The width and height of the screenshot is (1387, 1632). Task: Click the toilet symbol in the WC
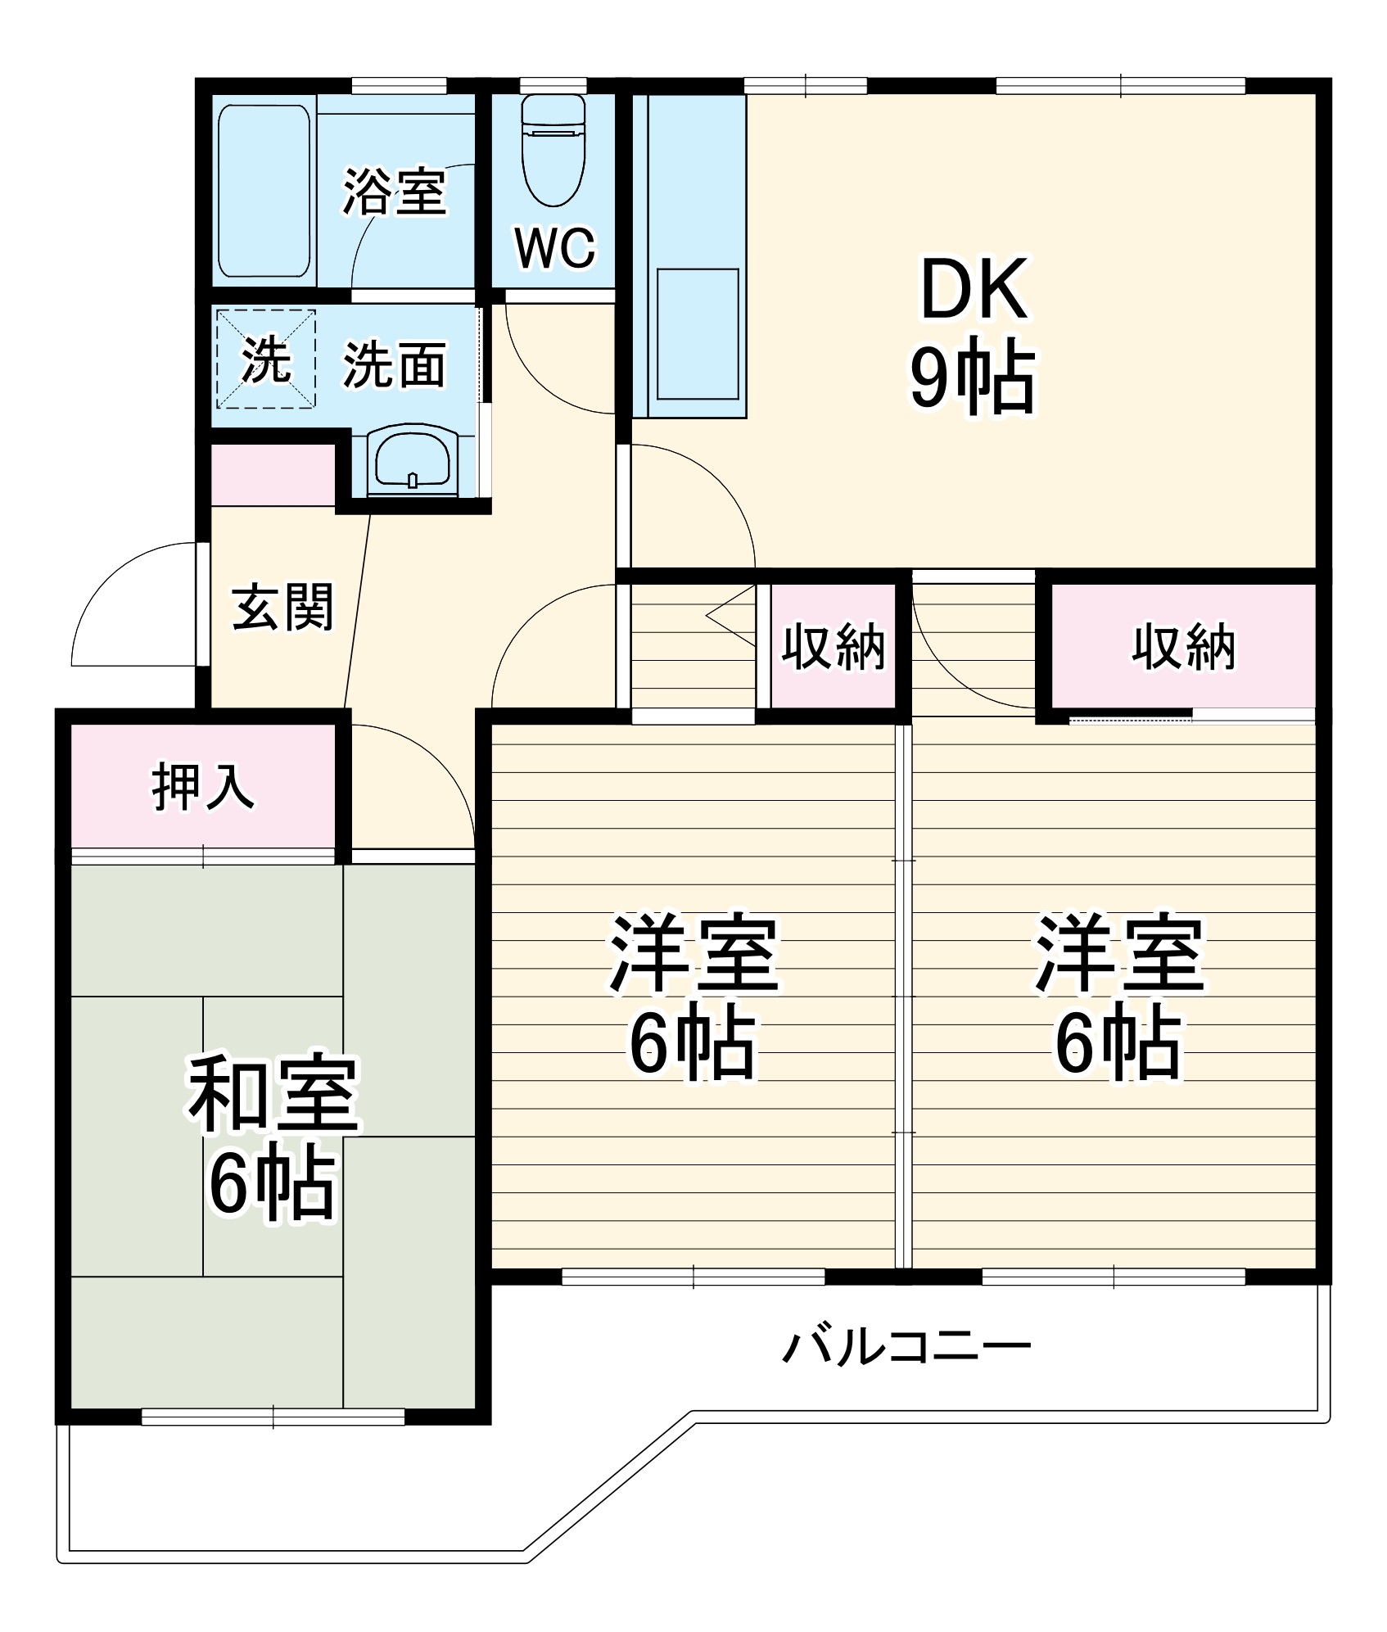coord(553,152)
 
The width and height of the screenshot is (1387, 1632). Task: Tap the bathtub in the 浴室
coord(264,191)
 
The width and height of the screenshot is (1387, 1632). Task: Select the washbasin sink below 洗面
coord(412,463)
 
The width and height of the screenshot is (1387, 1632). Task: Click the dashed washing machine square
coord(265,359)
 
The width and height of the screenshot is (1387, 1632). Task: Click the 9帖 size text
coord(972,378)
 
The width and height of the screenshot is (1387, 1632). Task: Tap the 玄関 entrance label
coord(282,608)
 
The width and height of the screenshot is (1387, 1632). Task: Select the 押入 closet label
coord(203,787)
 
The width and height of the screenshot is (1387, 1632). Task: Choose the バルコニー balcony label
coord(906,1346)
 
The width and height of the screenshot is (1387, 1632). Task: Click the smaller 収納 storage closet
coord(833,647)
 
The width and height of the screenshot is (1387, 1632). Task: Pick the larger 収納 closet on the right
coord(1183,647)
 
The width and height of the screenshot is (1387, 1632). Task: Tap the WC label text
coord(554,248)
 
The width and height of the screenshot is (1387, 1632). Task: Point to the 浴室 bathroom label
coord(394,192)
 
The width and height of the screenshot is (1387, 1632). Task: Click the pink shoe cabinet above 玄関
coord(273,475)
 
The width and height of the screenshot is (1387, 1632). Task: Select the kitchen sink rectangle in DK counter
coord(698,334)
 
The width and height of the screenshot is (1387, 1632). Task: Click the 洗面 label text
coord(394,365)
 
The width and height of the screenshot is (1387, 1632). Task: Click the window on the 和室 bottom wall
coord(273,1417)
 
